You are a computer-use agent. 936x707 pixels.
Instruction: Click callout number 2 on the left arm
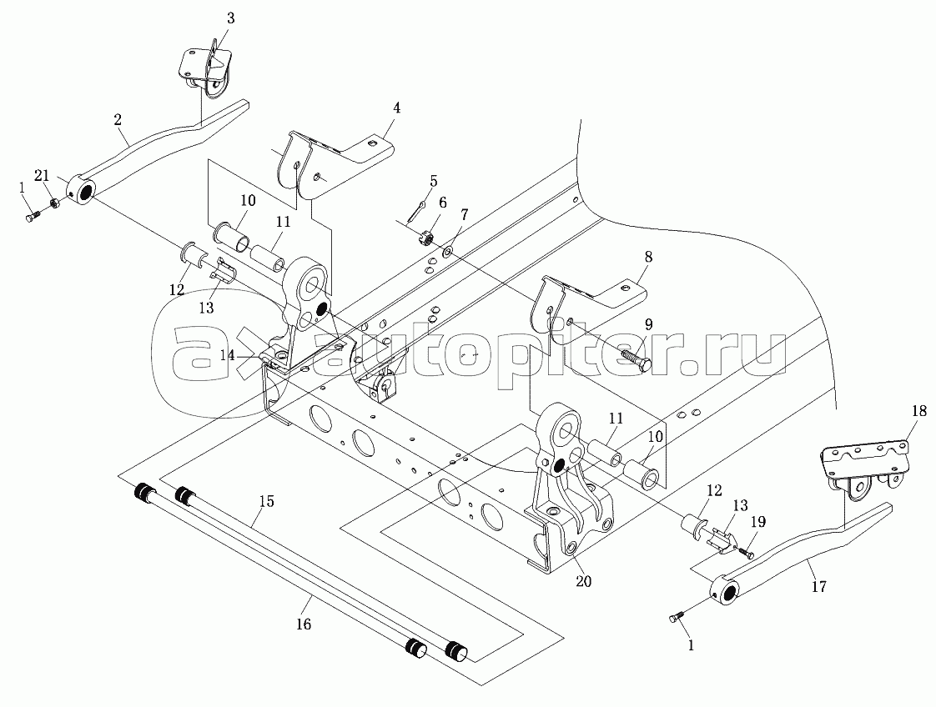119,121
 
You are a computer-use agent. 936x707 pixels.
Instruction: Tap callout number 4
397,108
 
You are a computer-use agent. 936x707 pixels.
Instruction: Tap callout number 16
304,624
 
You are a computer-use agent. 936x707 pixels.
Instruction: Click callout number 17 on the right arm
818,587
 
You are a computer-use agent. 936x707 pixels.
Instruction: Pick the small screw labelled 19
747,554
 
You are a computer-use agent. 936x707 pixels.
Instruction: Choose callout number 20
582,580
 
